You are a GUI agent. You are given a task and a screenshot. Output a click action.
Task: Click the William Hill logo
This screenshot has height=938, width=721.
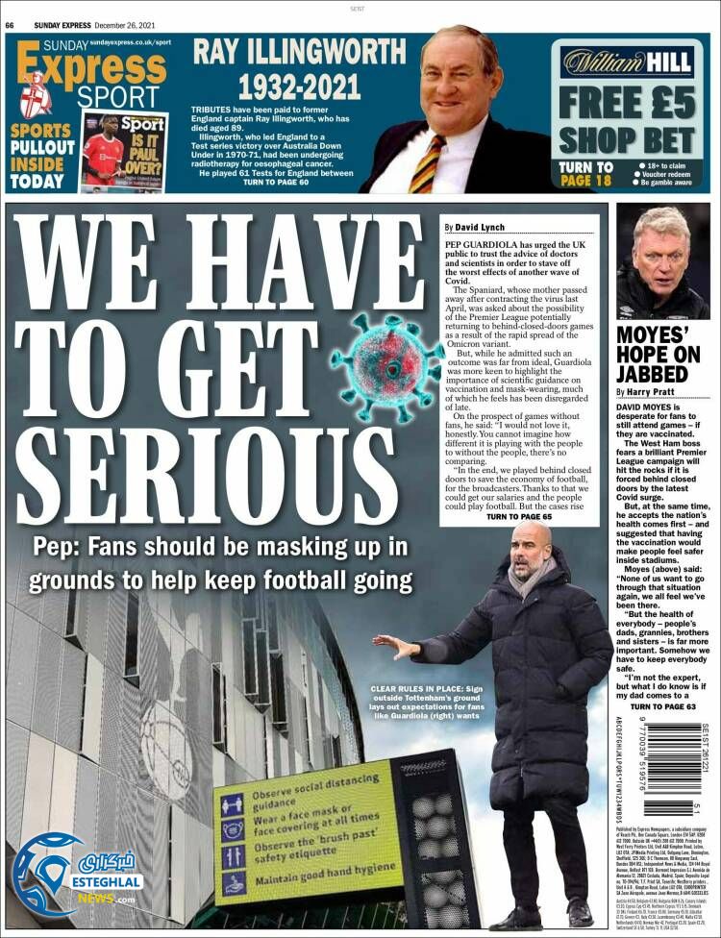(628, 62)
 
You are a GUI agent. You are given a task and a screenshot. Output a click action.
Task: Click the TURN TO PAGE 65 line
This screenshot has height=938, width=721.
(519, 517)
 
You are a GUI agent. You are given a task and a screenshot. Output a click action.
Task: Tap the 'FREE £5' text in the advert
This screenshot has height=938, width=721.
(628, 101)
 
